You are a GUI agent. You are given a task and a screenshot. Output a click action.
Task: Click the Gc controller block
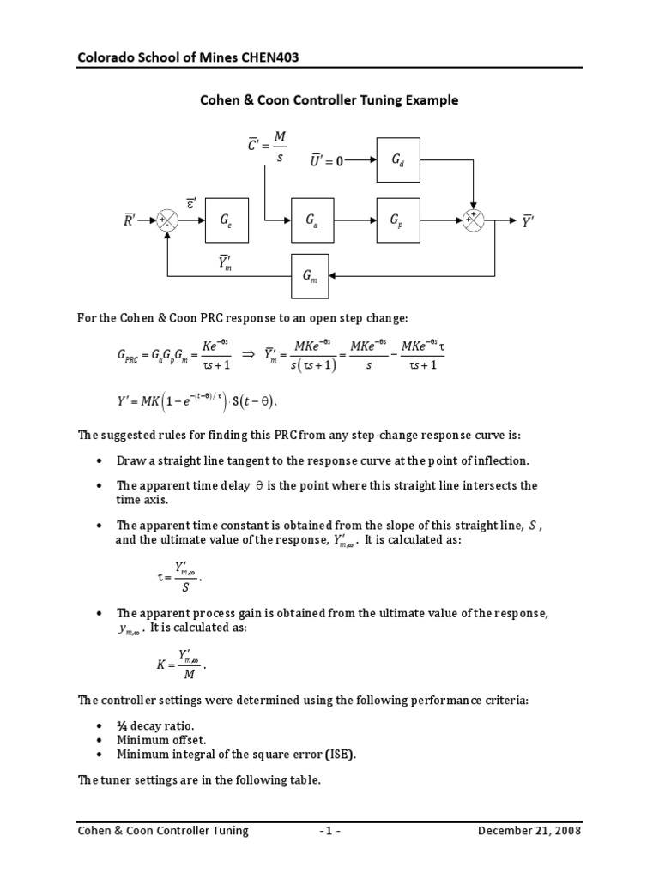(x=226, y=220)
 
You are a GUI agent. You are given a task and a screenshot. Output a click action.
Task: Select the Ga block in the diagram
(x=312, y=220)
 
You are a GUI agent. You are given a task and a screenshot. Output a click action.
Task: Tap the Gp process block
(x=398, y=220)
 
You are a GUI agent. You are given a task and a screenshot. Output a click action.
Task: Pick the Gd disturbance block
(x=398, y=159)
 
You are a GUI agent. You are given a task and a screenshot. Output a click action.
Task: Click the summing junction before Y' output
(x=473, y=220)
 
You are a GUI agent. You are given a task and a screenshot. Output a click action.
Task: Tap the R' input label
(x=131, y=220)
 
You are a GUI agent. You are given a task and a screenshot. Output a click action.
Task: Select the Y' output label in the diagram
(x=528, y=220)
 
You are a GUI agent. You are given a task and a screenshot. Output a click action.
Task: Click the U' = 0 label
(x=328, y=159)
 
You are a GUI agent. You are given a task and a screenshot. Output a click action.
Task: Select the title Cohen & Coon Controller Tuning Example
(x=329, y=100)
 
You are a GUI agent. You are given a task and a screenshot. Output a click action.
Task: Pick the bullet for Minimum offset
(x=99, y=739)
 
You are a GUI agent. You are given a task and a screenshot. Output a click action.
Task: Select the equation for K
(x=182, y=664)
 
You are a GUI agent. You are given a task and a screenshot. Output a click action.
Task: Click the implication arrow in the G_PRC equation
(x=249, y=353)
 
